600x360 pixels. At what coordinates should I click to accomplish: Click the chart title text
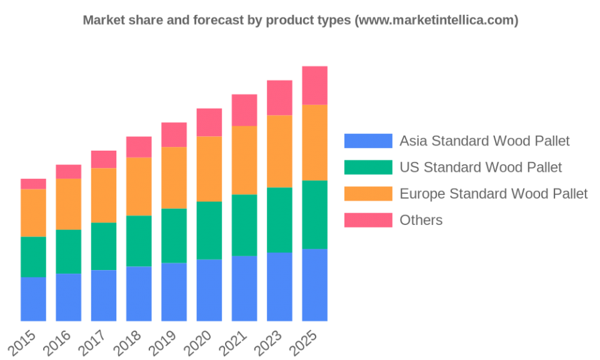click(301, 21)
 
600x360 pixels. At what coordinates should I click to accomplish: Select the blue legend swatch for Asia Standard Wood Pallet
click(368, 141)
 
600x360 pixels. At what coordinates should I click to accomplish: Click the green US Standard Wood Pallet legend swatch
click(368, 167)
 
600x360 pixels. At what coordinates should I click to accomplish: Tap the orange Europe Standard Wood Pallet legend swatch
click(368, 193)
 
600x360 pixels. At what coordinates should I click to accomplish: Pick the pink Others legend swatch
click(368, 219)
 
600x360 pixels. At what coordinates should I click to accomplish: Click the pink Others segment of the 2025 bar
click(314, 85)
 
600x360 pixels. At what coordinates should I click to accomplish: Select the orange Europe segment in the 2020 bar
click(209, 169)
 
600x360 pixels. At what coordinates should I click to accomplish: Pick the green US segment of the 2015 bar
click(33, 257)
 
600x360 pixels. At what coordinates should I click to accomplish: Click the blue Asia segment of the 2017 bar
click(103, 296)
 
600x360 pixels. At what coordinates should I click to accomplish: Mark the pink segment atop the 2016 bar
click(69, 171)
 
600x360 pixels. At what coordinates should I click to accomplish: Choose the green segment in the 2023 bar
click(279, 219)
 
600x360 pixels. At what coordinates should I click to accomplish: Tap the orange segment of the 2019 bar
click(174, 177)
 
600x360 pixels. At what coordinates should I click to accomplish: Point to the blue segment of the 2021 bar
click(244, 289)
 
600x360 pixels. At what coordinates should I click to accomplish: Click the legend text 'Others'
click(421, 219)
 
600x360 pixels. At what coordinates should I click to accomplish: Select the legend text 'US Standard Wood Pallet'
click(481, 167)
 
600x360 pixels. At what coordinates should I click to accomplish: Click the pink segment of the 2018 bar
click(139, 146)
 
